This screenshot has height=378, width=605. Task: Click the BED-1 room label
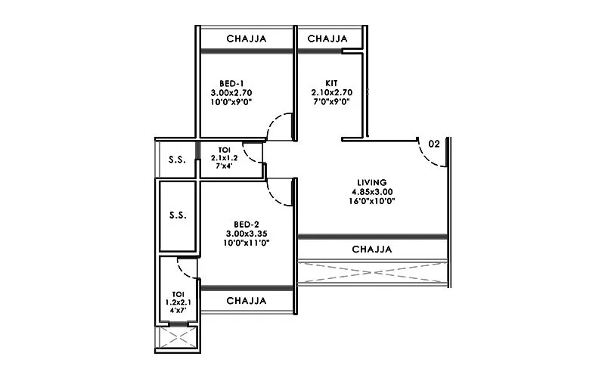click(x=231, y=82)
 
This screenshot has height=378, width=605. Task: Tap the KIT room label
click(x=331, y=82)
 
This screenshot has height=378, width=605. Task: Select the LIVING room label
click(x=372, y=182)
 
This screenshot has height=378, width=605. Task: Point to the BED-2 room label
click(x=247, y=224)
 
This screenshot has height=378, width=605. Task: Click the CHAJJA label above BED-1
click(x=247, y=39)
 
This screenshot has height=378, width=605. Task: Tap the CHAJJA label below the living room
click(x=372, y=249)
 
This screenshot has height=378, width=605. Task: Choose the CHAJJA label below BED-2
click(x=247, y=300)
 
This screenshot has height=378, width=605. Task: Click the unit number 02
click(x=434, y=143)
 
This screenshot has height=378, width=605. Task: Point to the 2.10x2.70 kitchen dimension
click(x=331, y=91)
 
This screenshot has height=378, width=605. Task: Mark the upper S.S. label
click(x=177, y=160)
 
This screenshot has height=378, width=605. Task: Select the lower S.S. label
click(x=177, y=215)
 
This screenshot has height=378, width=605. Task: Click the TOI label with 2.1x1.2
click(x=224, y=150)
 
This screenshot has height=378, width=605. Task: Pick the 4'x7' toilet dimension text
click(x=178, y=311)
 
